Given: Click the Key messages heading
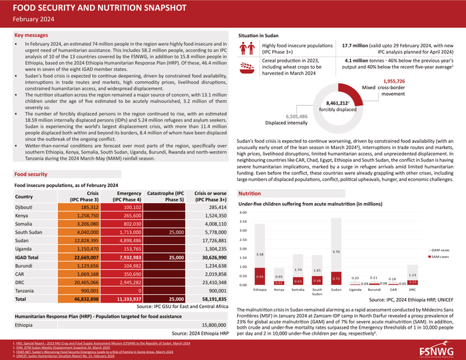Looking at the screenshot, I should click(31, 34).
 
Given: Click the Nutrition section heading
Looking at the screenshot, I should click(250, 193).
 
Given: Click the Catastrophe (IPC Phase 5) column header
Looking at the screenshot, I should click(166, 196).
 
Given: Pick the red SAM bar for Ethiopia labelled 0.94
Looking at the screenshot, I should click(260, 279).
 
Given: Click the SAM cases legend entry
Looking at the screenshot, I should click(439, 256).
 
